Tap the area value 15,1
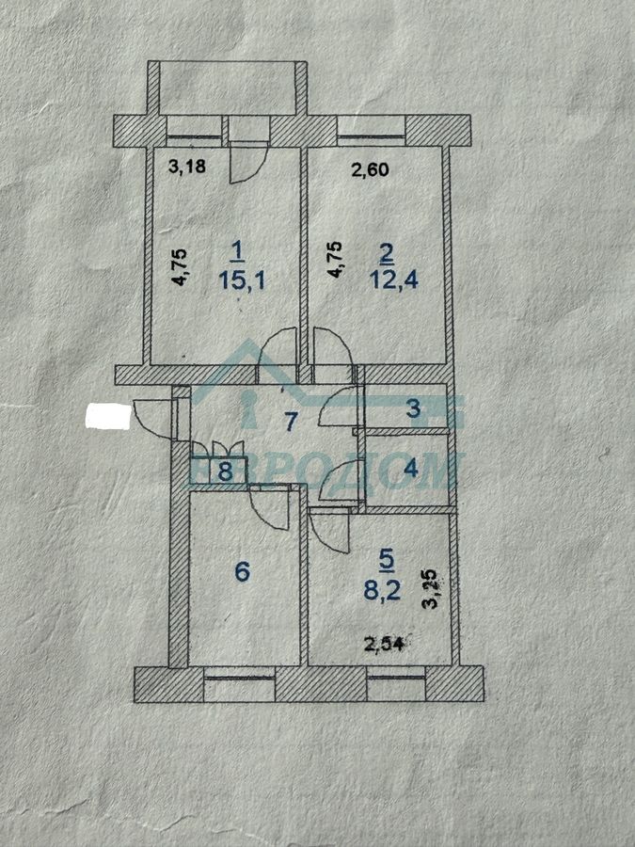click(x=242, y=280)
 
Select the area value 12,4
click(x=394, y=280)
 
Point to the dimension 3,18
click(x=187, y=166)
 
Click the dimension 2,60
click(x=370, y=169)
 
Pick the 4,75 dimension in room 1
click(x=180, y=266)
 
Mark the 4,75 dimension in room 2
click(x=335, y=260)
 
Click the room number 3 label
click(x=413, y=408)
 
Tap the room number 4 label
click(x=411, y=468)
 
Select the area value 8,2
click(x=382, y=590)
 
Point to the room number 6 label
click(x=243, y=571)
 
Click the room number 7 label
click(x=291, y=422)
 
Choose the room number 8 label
click(x=225, y=471)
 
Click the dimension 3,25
click(x=431, y=589)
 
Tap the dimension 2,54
click(x=384, y=644)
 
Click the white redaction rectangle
click(x=108, y=417)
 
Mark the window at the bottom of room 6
click(x=240, y=678)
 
